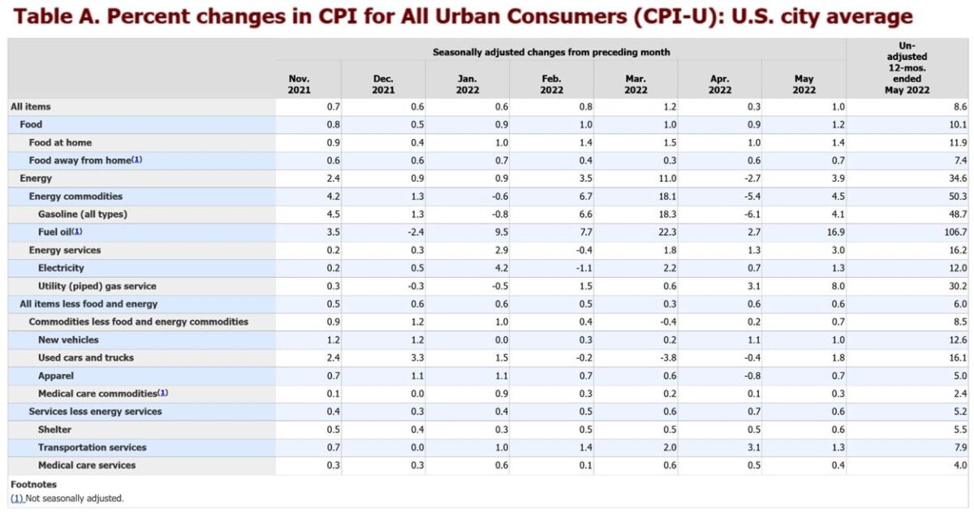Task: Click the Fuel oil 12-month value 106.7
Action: (x=954, y=232)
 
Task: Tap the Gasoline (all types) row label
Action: (x=82, y=214)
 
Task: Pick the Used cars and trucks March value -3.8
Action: (x=669, y=358)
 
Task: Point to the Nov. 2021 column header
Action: (x=300, y=84)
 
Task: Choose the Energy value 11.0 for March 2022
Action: (x=667, y=179)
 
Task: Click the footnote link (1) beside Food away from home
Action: (x=137, y=160)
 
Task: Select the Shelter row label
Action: (x=54, y=430)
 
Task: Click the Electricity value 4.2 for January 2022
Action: (x=501, y=268)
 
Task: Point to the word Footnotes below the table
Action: (x=33, y=485)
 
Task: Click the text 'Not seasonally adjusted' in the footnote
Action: (x=75, y=498)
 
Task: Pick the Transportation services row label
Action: (x=92, y=448)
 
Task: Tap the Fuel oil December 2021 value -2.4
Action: (x=415, y=232)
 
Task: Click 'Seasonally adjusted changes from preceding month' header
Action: (x=551, y=52)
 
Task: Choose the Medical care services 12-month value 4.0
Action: (x=959, y=465)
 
